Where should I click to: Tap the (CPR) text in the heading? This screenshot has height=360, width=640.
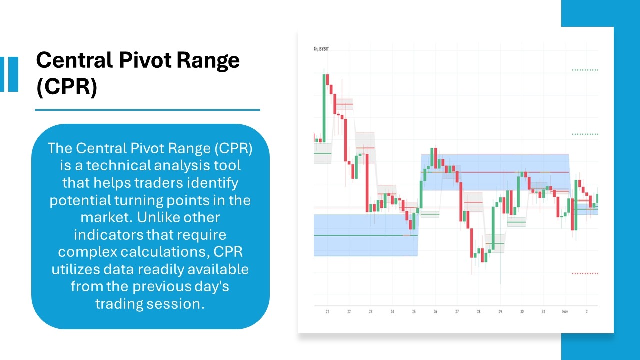(x=66, y=87)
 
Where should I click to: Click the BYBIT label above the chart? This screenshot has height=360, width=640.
(x=324, y=49)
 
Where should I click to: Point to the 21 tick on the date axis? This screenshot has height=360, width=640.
(x=327, y=312)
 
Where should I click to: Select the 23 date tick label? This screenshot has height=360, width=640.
(x=370, y=312)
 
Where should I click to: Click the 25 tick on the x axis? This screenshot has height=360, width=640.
(x=414, y=312)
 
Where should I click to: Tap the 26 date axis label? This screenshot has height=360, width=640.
(x=435, y=312)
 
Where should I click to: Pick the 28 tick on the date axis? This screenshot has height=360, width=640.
(x=478, y=312)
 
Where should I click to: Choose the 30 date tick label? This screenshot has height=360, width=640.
(x=521, y=312)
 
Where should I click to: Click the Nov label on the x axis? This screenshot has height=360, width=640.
(x=565, y=312)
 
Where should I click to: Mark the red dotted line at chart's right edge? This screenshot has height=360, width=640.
(x=585, y=273)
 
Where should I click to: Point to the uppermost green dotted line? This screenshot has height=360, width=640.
(x=585, y=70)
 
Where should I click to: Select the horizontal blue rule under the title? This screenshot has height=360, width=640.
(x=147, y=110)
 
